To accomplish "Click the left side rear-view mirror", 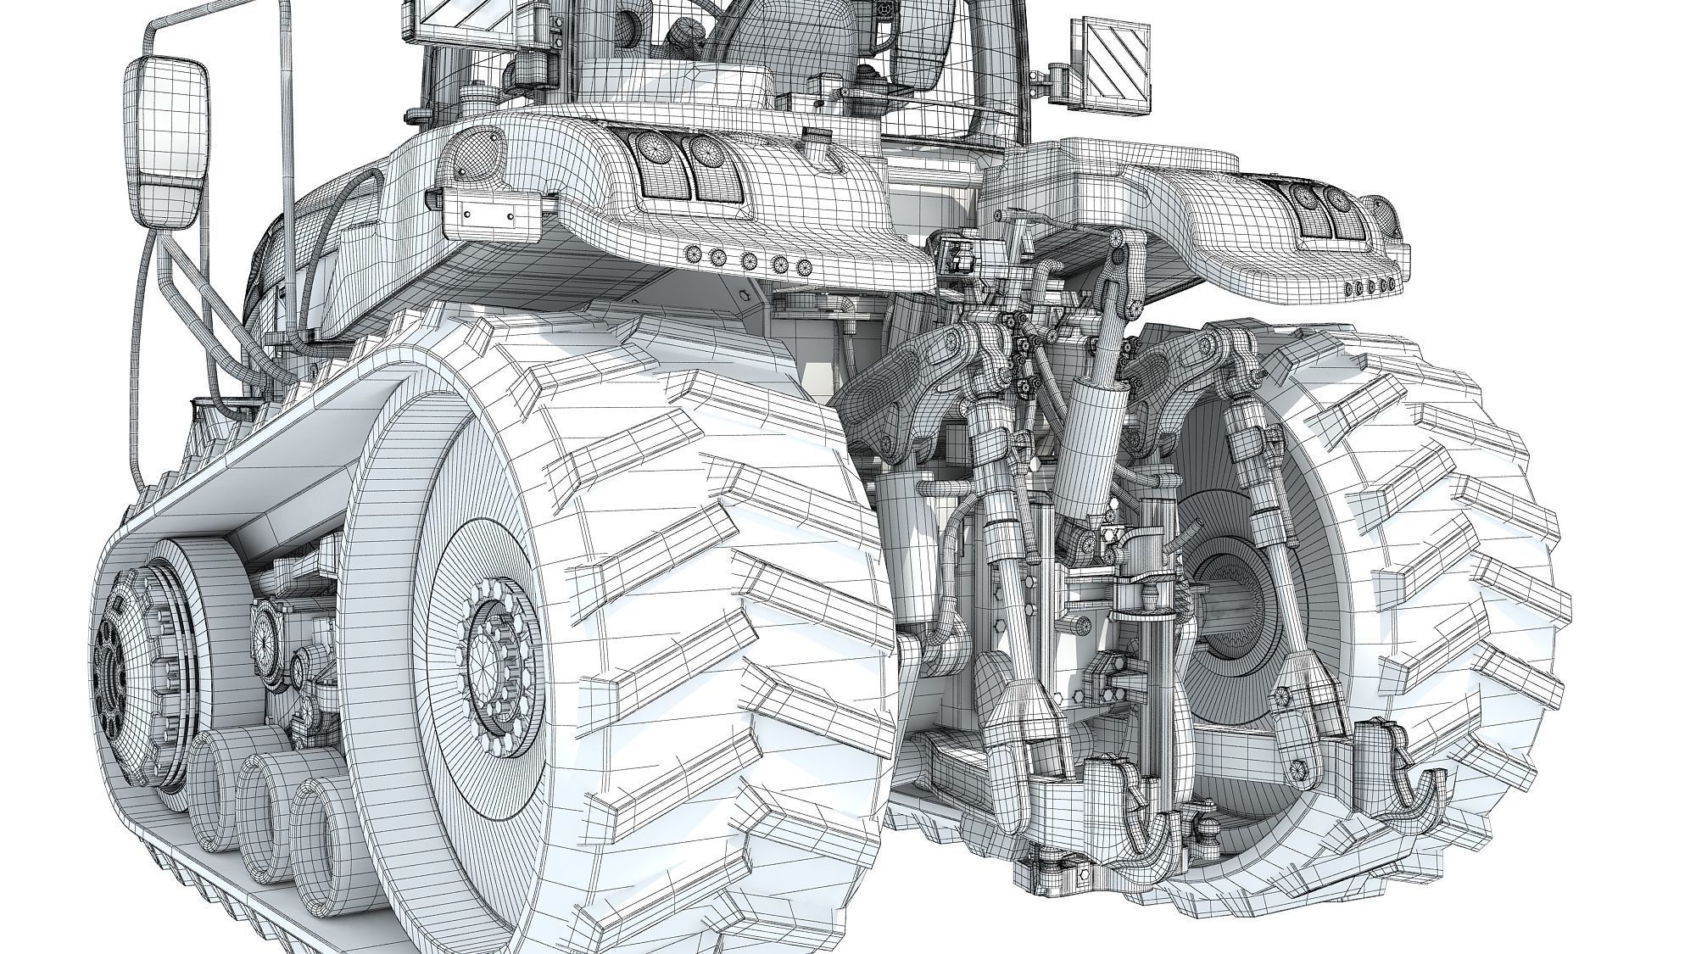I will pyautogui.click(x=166, y=140).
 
